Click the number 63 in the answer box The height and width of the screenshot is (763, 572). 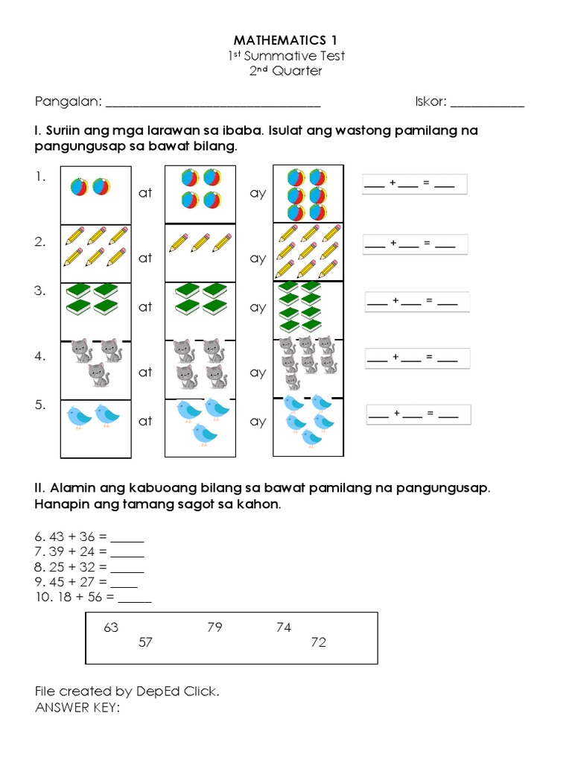click(111, 627)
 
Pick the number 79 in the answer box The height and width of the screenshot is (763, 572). click(214, 627)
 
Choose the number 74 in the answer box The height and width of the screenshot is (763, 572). click(284, 627)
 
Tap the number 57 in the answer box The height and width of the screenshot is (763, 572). click(145, 642)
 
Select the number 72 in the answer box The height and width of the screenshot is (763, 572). click(319, 642)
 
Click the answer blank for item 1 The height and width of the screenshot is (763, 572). click(414, 184)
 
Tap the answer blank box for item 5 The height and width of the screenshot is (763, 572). click(418, 414)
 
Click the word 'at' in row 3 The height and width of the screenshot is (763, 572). click(145, 307)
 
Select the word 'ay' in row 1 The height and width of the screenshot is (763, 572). click(258, 193)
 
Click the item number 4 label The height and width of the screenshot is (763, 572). click(40, 357)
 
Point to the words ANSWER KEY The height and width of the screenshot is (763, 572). click(77, 707)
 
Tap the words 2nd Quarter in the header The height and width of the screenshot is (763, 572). click(286, 72)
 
